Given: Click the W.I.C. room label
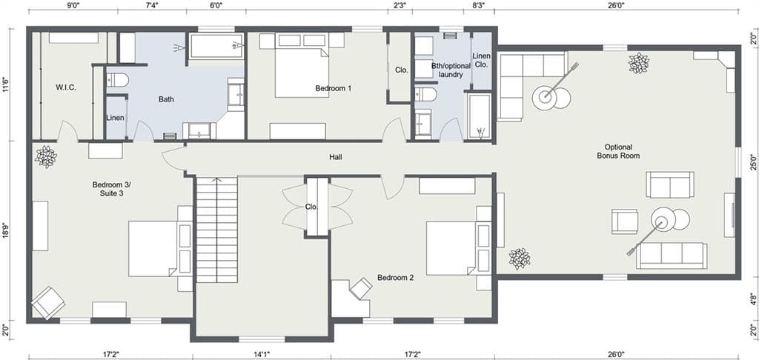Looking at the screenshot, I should tap(66, 87).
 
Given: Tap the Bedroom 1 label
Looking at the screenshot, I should tap(334, 88).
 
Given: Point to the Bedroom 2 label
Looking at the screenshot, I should tap(395, 278).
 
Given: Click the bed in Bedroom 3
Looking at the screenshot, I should tap(154, 248).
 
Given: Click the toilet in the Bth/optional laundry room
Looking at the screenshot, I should tap(425, 94).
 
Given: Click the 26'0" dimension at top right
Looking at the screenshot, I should tap(616, 5).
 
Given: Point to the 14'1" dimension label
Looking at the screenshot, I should tap(261, 354).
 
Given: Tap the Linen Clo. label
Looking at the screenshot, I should tap(481, 61).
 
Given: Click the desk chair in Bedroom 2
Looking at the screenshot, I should tap(362, 287).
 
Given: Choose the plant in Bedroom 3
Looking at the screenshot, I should tap(46, 156).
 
